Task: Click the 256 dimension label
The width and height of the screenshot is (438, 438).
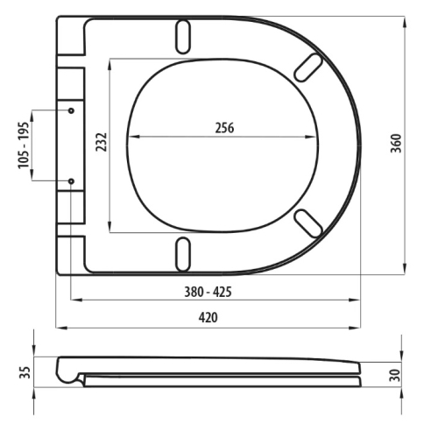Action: (x=224, y=128)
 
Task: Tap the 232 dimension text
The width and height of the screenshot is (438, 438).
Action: (x=102, y=142)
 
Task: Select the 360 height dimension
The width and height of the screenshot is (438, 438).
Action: (x=396, y=144)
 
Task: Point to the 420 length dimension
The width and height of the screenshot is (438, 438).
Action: (x=208, y=317)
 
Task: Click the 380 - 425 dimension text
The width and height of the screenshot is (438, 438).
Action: (x=208, y=292)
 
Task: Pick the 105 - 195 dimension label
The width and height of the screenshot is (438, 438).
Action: (x=24, y=145)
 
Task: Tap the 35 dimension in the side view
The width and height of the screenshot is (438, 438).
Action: (x=25, y=372)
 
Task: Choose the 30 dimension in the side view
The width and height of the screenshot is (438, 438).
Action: (x=394, y=375)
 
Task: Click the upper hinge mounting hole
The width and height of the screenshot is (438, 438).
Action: (x=71, y=110)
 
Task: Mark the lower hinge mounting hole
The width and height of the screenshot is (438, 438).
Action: (x=71, y=181)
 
